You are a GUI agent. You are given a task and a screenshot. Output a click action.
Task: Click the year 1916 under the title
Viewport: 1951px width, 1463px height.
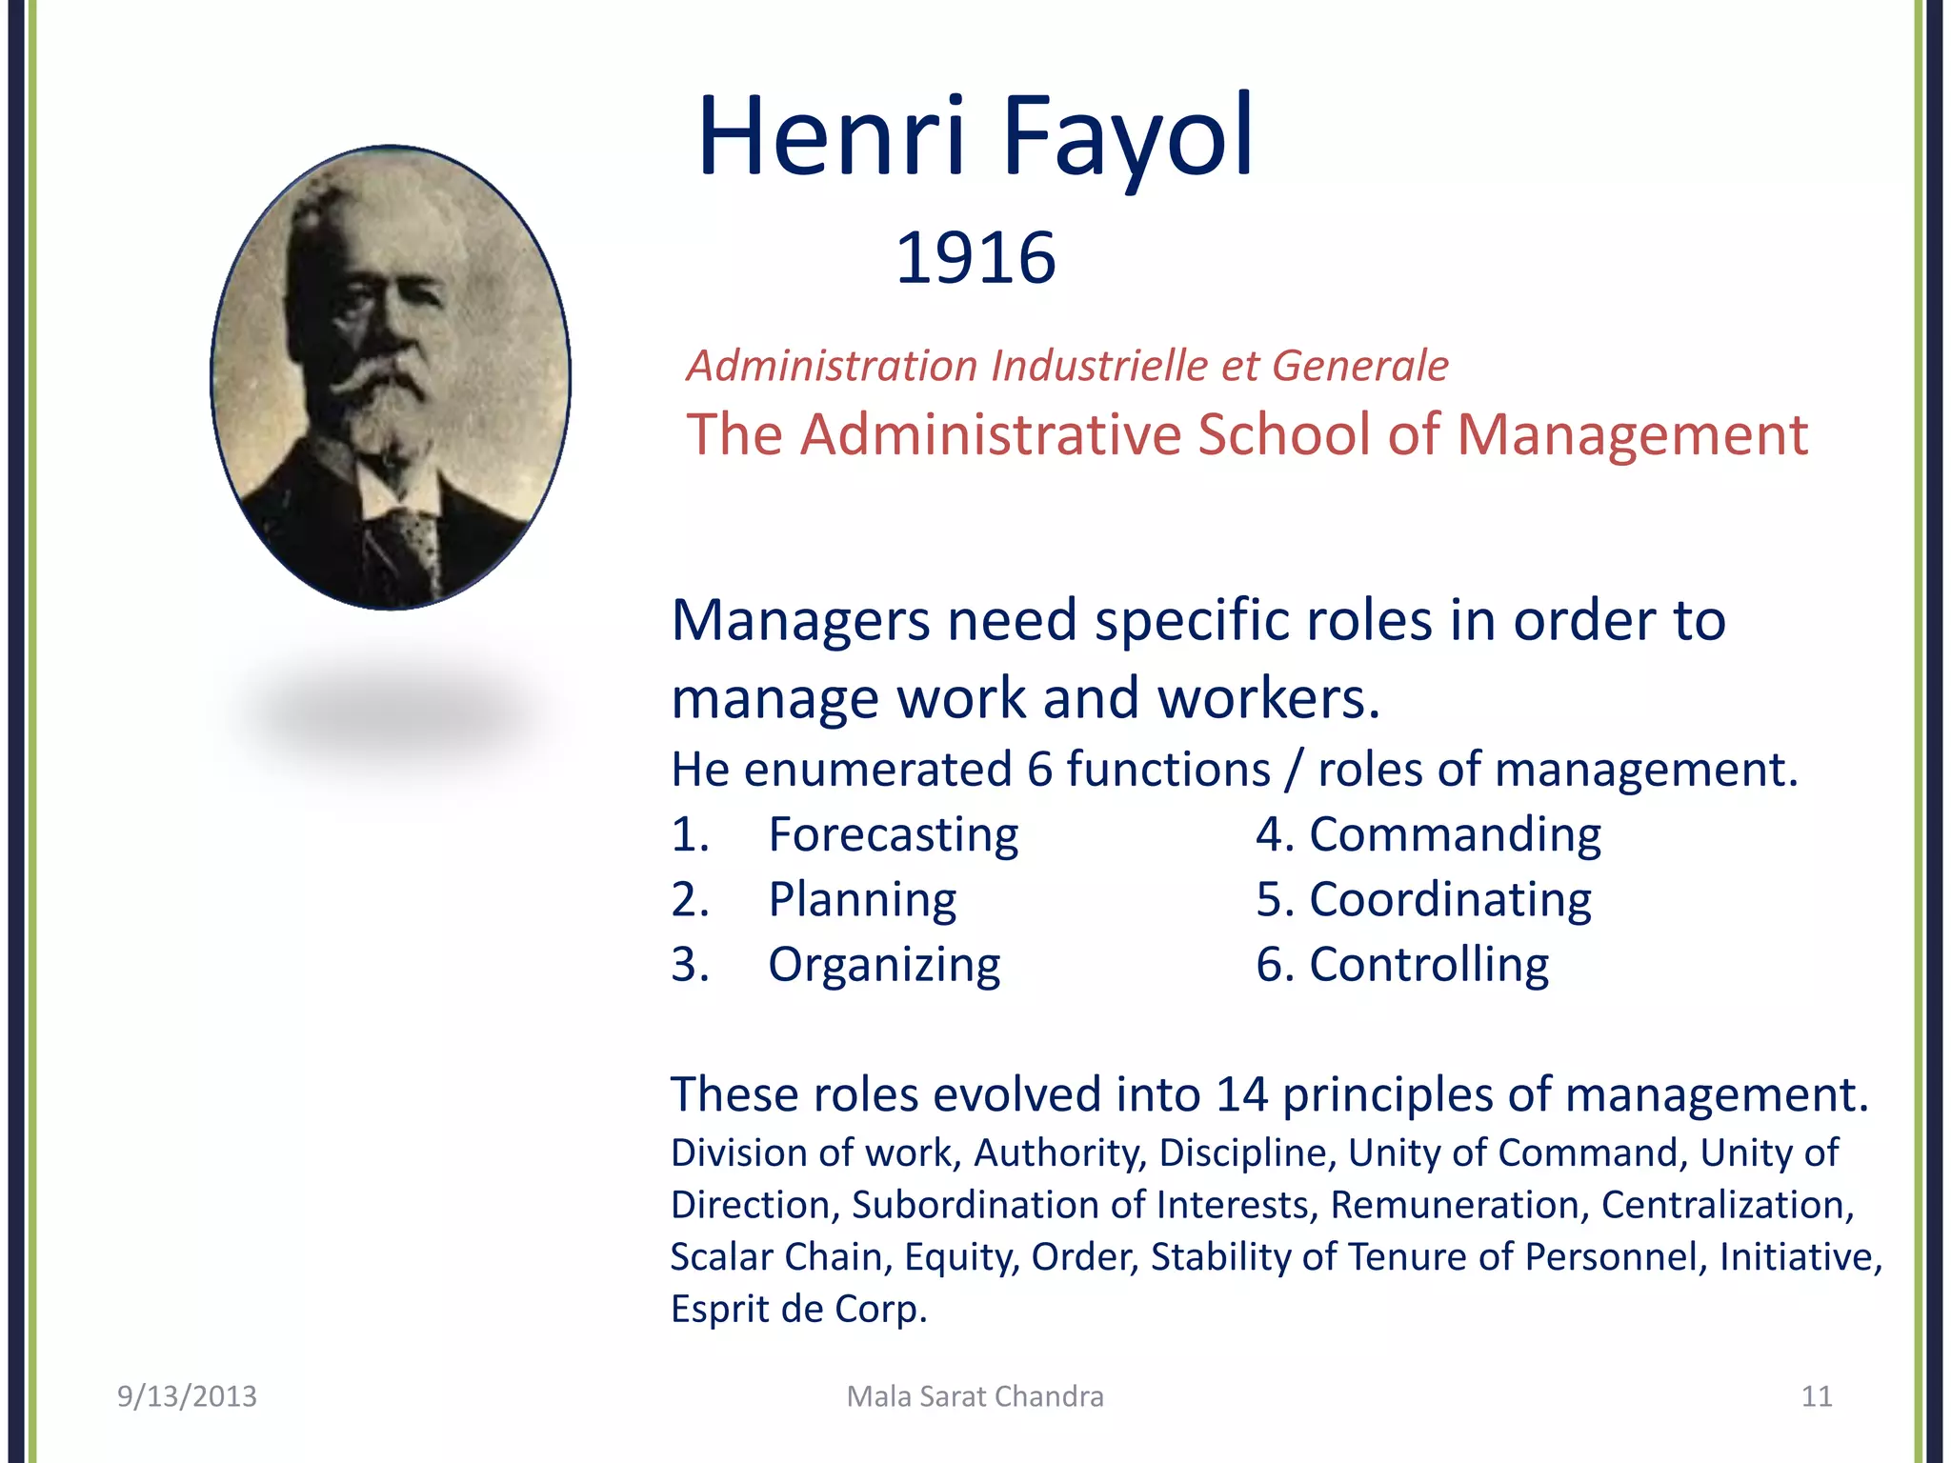pyautogui.click(x=975, y=258)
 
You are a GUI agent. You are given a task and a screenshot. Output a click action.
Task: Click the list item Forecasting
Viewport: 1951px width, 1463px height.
pyautogui.click(x=893, y=835)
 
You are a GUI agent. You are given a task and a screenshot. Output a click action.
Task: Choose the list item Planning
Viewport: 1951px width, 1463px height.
pyautogui.click(x=862, y=900)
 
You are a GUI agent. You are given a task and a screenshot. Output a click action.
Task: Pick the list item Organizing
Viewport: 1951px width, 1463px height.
pyautogui.click(x=884, y=965)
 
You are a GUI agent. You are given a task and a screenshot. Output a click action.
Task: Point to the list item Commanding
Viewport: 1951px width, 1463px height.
pyautogui.click(x=1455, y=835)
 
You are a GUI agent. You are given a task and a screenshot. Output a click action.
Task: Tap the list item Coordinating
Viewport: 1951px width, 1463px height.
pyautogui.click(x=1450, y=900)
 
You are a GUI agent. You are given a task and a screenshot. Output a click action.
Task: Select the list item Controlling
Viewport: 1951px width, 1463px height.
pyautogui.click(x=1429, y=965)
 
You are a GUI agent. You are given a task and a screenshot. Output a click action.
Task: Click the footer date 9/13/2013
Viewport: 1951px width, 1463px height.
pyautogui.click(x=187, y=1396)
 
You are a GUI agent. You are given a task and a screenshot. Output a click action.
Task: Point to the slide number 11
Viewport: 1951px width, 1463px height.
pyautogui.click(x=1817, y=1396)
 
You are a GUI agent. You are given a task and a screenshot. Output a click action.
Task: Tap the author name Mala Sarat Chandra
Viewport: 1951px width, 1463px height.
pyautogui.click(x=975, y=1396)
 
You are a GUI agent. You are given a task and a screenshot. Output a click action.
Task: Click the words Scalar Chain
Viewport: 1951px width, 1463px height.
pyautogui.click(x=780, y=1257)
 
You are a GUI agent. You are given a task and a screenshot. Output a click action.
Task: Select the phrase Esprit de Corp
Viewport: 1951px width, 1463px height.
pyautogui.click(x=798, y=1310)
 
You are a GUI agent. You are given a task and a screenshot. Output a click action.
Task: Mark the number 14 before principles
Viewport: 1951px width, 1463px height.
pyautogui.click(x=1241, y=1094)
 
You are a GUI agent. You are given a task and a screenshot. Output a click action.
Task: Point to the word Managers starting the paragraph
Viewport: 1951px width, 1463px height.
pyautogui.click(x=800, y=621)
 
